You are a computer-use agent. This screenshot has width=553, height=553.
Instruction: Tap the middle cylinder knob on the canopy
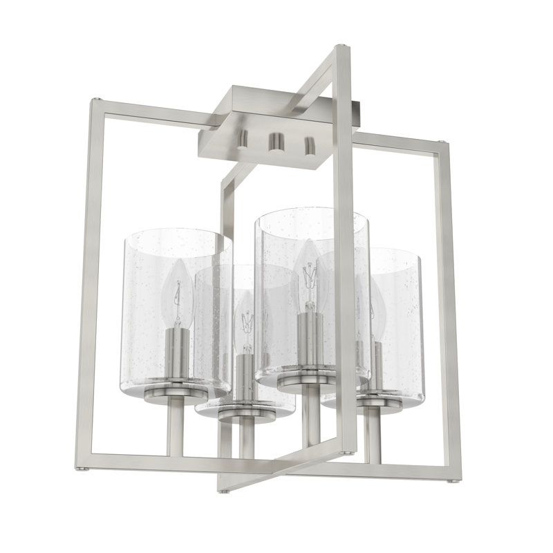pyautogui.click(x=276, y=141)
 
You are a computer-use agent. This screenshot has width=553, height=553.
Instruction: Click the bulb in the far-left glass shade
pyautogui.click(x=177, y=297)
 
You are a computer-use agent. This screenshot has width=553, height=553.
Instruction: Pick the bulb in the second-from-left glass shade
pyautogui.click(x=245, y=318)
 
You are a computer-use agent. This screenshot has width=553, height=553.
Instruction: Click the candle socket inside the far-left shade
pyautogui.click(x=178, y=353)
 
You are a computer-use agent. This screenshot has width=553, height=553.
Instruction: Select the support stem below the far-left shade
pyautogui.click(x=176, y=429)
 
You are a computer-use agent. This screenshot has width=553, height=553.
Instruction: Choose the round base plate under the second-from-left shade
pyautogui.click(x=245, y=411)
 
